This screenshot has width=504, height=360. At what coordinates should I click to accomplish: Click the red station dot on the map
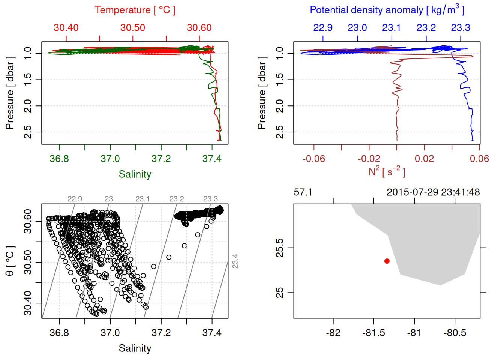tap(387, 261)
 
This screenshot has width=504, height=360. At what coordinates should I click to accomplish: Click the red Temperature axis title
tap(135, 10)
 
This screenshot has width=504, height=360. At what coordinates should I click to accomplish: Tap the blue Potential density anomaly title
tap(387, 10)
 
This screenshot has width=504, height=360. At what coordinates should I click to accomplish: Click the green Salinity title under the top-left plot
tap(135, 174)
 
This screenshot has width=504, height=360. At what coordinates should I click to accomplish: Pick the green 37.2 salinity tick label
tap(161, 159)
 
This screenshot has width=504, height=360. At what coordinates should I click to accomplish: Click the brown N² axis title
tap(387, 172)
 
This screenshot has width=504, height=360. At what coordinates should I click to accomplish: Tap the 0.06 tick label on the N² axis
tap(479, 159)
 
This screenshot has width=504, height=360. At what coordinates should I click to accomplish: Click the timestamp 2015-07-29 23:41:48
tap(433, 192)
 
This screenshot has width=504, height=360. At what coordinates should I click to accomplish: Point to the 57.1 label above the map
tap(303, 192)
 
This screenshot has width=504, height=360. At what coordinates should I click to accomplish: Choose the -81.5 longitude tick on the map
tap(373, 333)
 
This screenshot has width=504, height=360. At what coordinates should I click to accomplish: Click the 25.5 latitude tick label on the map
tap(280, 248)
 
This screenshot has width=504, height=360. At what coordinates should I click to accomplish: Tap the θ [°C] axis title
tap(10, 261)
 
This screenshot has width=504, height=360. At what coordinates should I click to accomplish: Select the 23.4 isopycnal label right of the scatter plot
tap(235, 261)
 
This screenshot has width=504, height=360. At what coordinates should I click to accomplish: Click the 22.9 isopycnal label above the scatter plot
tap(75, 199)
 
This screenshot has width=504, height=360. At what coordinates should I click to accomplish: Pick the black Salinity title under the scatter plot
tap(135, 348)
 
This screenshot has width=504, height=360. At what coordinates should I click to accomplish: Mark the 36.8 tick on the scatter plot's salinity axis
tap(59, 333)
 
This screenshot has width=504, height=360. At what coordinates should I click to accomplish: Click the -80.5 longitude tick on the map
tap(454, 333)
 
